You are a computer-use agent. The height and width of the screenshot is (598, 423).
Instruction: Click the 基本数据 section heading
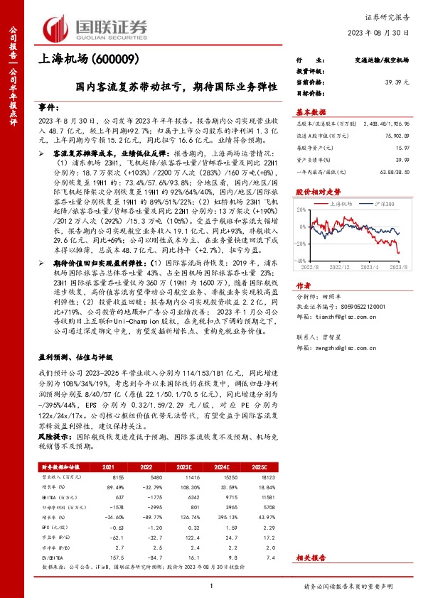pos(311,112)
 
